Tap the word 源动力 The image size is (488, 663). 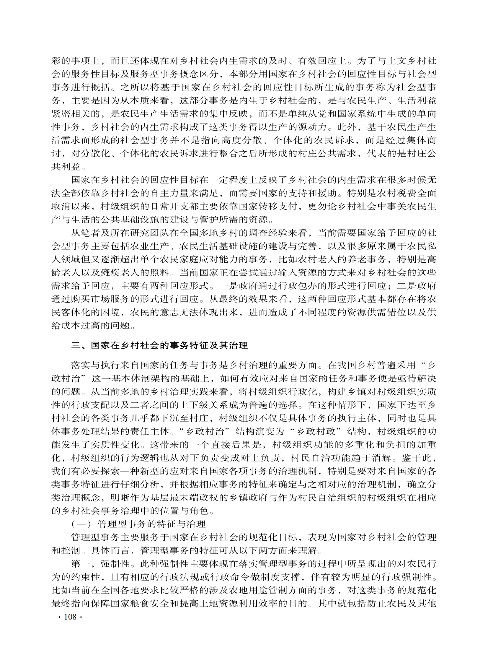tap(312, 127)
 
